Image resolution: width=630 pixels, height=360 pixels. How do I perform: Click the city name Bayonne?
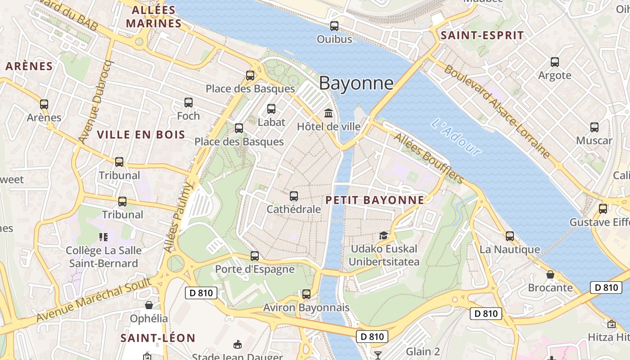point(356,84)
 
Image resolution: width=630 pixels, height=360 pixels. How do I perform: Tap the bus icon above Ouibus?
point(334,26)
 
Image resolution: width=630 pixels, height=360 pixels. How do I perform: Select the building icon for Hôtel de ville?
point(328,113)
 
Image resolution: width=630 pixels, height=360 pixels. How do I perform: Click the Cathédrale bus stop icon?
point(294,196)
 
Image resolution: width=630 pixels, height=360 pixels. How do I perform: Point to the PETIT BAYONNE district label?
point(375,200)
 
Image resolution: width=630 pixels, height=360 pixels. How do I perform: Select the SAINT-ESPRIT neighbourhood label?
point(482,36)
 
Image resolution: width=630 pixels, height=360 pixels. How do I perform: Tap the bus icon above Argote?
point(555,62)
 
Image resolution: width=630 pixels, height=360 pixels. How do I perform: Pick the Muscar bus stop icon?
point(594,127)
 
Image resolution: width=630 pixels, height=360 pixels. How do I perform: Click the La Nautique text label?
point(509,249)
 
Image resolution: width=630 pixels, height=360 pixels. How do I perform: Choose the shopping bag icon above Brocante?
point(550,274)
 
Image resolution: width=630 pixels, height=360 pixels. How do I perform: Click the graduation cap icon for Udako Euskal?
point(383,235)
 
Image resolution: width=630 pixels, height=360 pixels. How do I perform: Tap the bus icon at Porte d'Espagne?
point(255,256)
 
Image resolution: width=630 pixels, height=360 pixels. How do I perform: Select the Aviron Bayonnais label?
point(306,308)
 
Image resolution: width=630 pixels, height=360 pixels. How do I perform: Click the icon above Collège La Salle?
point(103,237)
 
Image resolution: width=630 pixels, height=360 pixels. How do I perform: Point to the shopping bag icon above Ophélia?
point(149,305)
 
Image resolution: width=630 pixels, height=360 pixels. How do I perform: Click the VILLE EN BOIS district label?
point(141,135)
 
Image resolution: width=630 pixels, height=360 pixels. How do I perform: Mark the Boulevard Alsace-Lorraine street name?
point(497,112)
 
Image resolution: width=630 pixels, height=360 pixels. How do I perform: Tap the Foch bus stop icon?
point(188,103)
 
